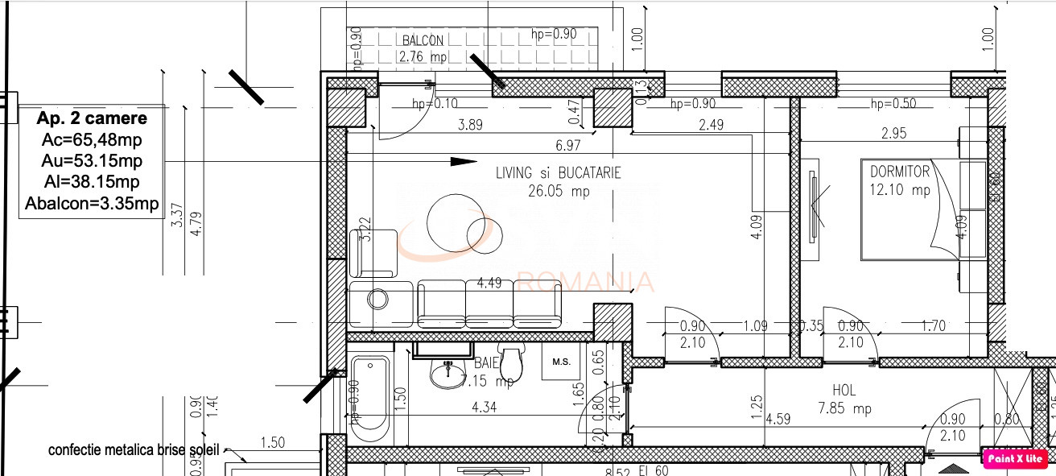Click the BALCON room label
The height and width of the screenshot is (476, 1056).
click(423, 40)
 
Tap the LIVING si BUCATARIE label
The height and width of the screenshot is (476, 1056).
click(558, 173)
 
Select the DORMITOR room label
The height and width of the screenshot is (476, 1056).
click(899, 172)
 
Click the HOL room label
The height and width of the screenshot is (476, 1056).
click(844, 391)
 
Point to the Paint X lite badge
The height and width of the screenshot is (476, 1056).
click(1016, 458)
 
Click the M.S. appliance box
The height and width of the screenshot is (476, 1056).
click(561, 362)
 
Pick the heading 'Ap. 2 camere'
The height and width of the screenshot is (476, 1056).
click(92, 118)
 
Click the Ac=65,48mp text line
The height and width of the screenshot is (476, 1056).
click(92, 140)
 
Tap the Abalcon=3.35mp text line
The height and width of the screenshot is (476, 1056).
click(92, 203)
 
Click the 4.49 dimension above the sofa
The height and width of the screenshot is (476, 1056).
click(490, 283)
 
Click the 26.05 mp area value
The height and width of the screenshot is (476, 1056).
click(559, 192)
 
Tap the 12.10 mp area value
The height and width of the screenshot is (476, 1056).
click(900, 190)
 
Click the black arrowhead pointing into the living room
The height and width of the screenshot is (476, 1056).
click(463, 161)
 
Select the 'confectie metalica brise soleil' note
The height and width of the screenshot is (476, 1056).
click(133, 449)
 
